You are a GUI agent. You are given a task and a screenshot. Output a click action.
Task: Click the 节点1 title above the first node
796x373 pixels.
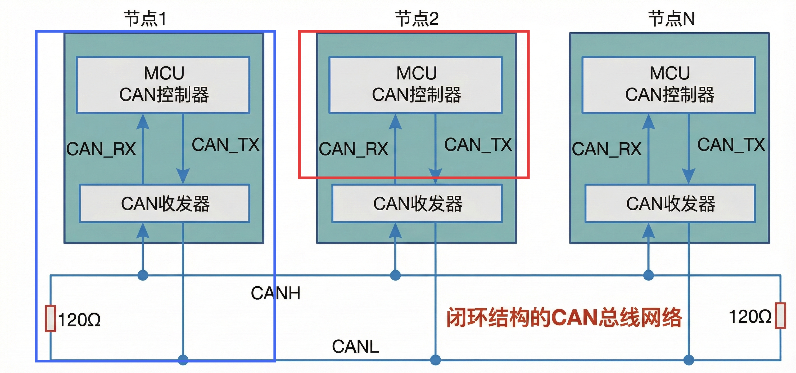[x=145, y=19]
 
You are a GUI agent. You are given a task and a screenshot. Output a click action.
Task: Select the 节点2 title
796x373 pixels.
[x=417, y=19]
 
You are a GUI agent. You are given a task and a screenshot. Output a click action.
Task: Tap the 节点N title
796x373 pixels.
[x=671, y=19]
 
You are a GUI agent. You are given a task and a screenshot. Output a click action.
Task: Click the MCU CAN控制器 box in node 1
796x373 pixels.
[x=163, y=85]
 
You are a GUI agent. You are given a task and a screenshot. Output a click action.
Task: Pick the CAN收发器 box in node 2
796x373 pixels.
[x=417, y=203]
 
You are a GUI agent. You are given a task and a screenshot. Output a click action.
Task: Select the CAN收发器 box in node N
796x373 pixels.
[x=670, y=203]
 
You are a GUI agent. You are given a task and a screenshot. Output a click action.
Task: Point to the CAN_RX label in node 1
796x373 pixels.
[x=101, y=149]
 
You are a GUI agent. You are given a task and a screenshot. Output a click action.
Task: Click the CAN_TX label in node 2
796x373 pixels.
[x=478, y=145]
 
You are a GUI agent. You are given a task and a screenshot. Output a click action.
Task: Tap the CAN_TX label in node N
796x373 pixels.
[x=731, y=145]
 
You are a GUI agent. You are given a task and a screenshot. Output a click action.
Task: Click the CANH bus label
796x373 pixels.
[x=275, y=293]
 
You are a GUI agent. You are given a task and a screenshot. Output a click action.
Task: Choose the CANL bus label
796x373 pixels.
[x=355, y=347]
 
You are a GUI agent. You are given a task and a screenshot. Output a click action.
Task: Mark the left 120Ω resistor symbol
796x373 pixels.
[x=50, y=319]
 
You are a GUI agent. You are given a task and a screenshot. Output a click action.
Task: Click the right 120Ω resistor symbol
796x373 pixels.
[x=780, y=316]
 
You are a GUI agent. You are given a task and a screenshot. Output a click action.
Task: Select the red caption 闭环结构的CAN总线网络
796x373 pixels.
[x=564, y=317]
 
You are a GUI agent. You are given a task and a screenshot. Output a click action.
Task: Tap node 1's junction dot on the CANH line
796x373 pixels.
[x=142, y=275]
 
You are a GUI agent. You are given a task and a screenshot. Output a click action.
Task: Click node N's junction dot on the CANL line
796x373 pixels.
[x=689, y=360]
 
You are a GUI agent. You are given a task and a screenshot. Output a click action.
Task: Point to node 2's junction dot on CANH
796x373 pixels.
[x=395, y=275]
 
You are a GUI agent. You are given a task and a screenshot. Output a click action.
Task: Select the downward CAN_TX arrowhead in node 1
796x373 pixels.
[x=183, y=176]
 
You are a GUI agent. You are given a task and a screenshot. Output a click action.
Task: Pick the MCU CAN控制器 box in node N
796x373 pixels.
[x=669, y=85]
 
